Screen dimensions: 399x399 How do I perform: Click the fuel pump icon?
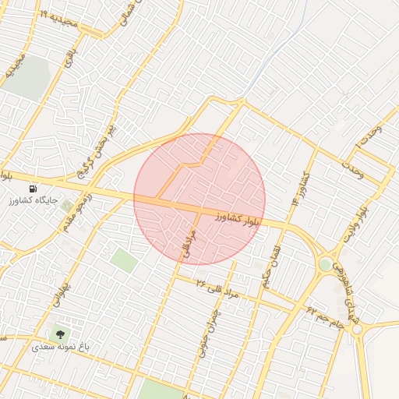[x=33, y=189]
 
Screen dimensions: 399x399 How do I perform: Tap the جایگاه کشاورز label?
[x=32, y=201]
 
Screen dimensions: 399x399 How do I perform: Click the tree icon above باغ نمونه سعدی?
[x=61, y=334]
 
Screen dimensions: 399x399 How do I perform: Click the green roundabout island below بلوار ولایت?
[x=324, y=264]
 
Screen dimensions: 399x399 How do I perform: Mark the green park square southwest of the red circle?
[x=123, y=260]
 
